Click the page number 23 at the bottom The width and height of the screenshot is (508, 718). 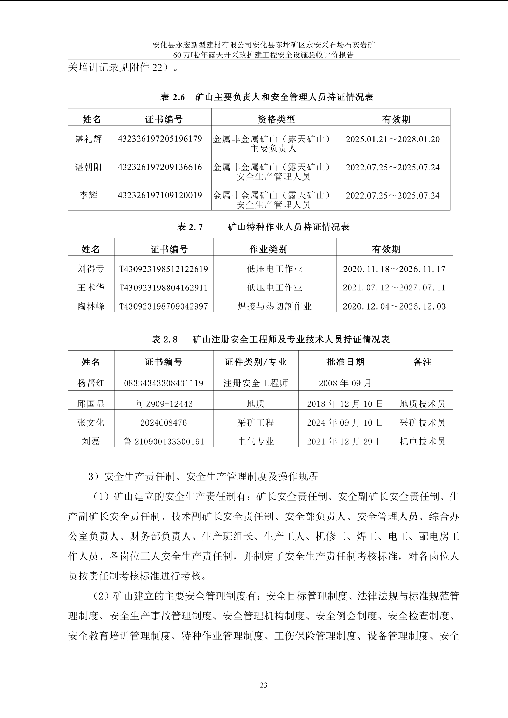[x=263, y=685]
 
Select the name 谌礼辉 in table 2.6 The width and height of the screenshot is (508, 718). [x=88, y=139]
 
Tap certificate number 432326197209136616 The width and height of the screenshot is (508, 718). [x=160, y=167]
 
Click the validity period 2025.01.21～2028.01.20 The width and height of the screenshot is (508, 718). [x=393, y=139]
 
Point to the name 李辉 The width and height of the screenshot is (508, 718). [x=88, y=196]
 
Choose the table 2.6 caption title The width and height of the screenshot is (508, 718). [x=267, y=97]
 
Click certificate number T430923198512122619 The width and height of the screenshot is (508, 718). [x=164, y=269]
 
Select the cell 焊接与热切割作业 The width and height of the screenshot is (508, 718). [x=274, y=306]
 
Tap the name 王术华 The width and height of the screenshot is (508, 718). [x=91, y=288]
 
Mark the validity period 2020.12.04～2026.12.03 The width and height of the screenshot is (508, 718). [x=394, y=306]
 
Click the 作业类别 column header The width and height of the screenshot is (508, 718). [x=268, y=249]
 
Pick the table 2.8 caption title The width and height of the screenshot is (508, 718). [x=270, y=340]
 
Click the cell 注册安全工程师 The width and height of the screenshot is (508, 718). [x=256, y=383]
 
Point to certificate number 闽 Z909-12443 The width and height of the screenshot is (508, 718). [x=164, y=404]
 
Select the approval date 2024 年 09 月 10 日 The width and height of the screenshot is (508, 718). [x=345, y=423]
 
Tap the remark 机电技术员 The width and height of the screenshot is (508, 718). [x=422, y=442]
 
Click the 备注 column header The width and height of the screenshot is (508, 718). [x=423, y=362]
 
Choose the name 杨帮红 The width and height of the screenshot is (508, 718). [x=91, y=383]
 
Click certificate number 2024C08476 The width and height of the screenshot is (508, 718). [x=164, y=423]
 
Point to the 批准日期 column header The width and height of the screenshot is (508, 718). [x=345, y=362]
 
